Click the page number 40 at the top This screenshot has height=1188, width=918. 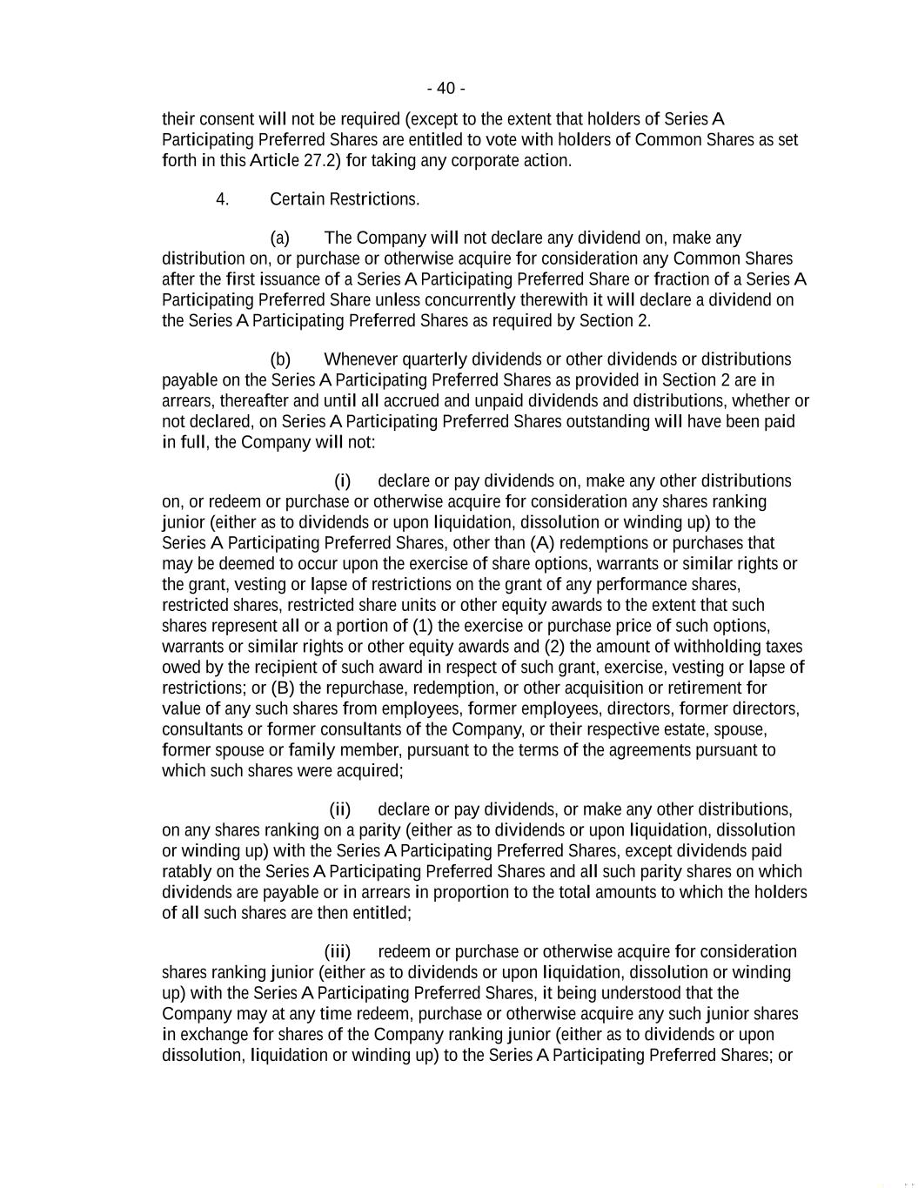446,88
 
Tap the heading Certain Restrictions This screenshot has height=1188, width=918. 345,199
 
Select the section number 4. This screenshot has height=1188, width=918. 223,199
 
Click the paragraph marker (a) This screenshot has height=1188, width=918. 279,238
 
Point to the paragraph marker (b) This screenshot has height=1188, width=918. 280,359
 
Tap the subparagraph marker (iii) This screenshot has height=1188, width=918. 338,951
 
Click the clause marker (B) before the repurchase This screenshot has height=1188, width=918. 283,688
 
